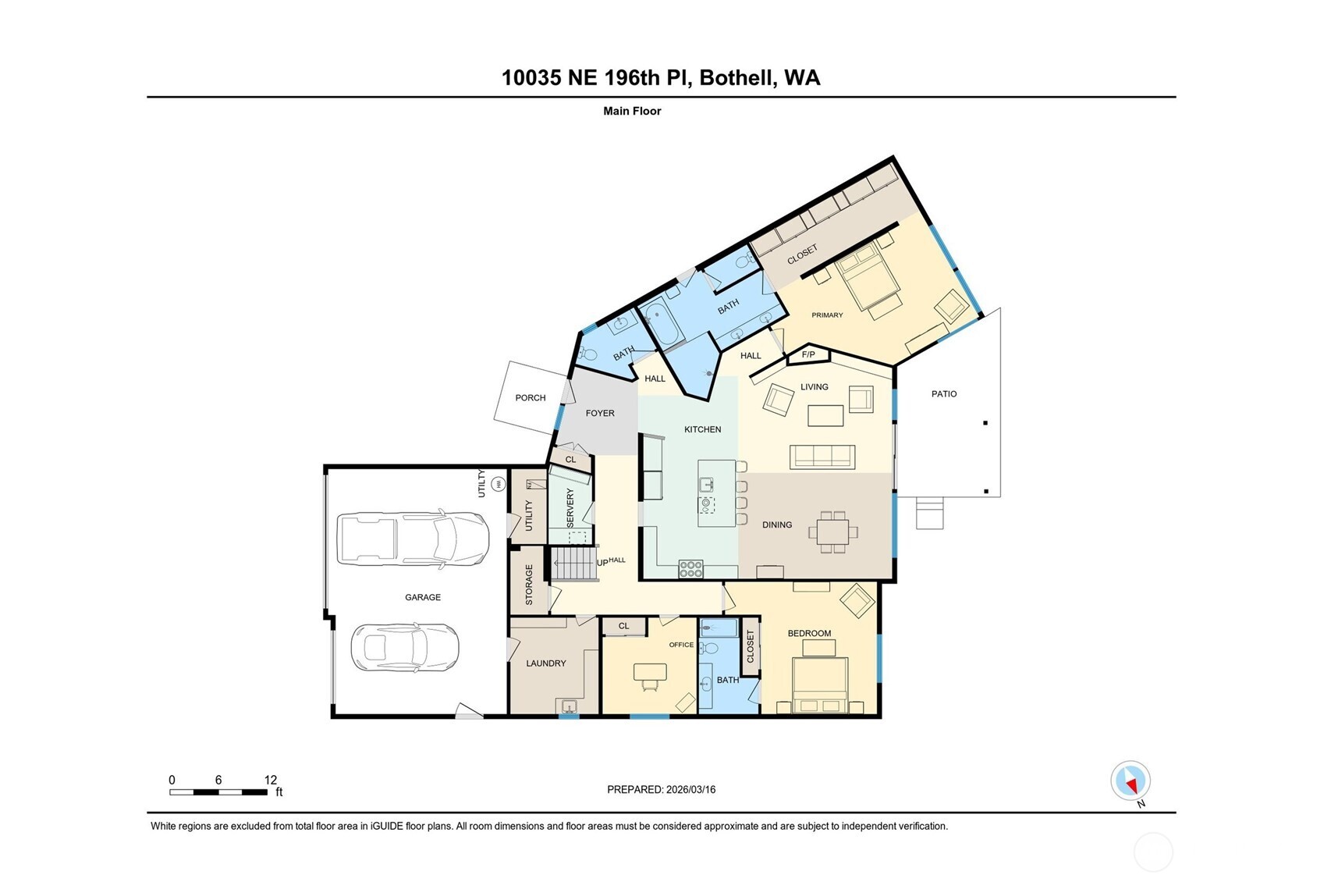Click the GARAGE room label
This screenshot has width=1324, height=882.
point(423,597)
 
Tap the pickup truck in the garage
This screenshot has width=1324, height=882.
point(412,539)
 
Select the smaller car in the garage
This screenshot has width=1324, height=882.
point(405,647)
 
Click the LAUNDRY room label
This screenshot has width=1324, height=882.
point(545,663)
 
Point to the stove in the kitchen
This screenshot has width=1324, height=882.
point(690,569)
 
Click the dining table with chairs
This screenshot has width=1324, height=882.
point(832,532)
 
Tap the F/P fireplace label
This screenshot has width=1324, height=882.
point(808,355)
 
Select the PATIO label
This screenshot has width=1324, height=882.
point(943,394)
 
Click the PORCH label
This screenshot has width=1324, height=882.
point(531,398)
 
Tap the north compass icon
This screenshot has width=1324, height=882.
point(1131,781)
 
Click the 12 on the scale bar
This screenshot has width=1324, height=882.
point(271,780)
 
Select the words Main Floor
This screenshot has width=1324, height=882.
point(632,111)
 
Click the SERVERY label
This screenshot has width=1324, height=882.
point(570,507)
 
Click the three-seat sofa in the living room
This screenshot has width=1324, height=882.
point(822,457)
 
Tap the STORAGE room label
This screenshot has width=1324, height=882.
point(529,585)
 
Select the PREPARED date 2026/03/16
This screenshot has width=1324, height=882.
point(690,790)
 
